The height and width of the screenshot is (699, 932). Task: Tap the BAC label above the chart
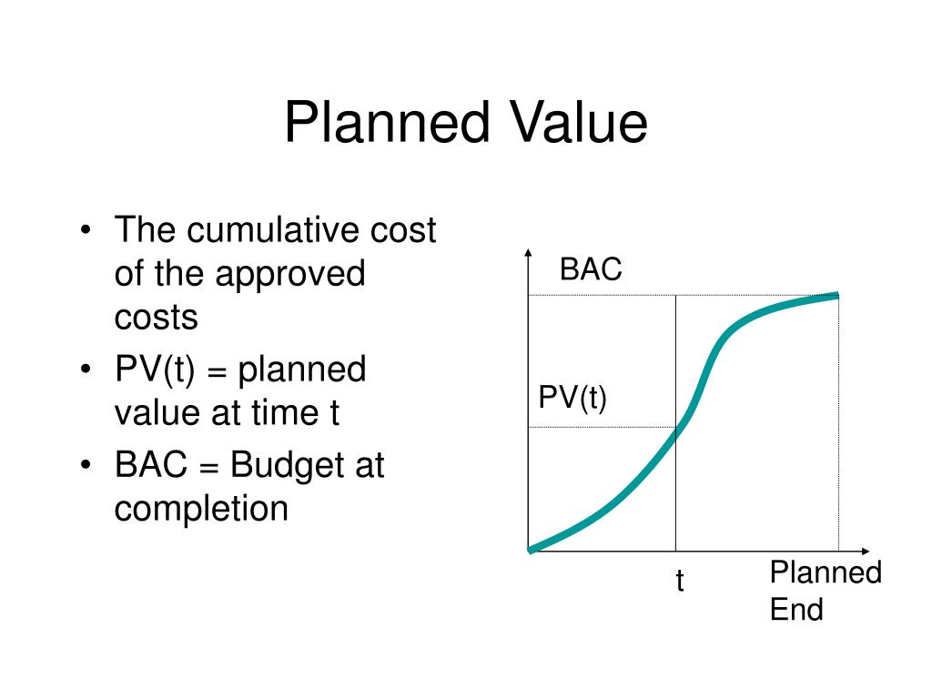[591, 269]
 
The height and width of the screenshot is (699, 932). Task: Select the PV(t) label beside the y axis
[572, 399]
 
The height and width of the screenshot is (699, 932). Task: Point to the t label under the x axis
[679, 582]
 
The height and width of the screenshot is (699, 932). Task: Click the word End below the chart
[795, 609]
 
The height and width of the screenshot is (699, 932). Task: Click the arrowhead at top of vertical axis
[528, 254]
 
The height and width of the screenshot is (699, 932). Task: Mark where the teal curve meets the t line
[675, 434]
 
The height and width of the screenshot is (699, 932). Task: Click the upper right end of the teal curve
[836, 295]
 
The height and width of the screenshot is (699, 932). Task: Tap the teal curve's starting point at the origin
[531, 549]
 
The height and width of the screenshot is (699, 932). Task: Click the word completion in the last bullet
[200, 508]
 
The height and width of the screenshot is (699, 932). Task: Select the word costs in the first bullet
[156, 317]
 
